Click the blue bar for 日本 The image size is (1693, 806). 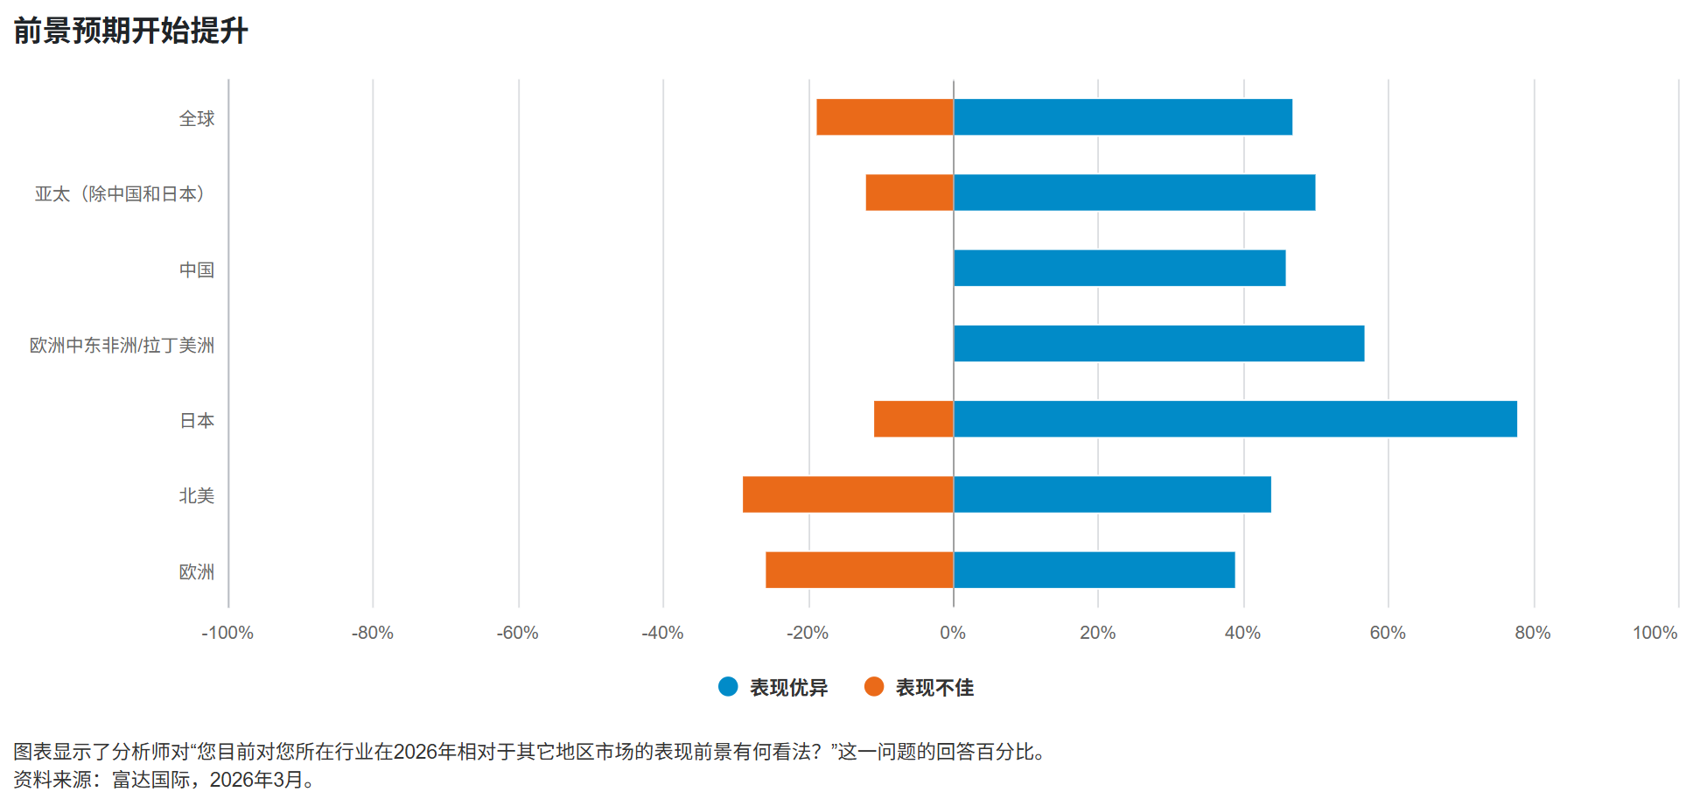click(1235, 419)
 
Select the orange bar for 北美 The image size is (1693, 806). click(848, 494)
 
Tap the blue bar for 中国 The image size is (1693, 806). click(1119, 268)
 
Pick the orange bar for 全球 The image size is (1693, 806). click(885, 117)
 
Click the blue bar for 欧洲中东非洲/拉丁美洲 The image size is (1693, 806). click(1158, 343)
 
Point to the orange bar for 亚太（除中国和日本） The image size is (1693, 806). click(909, 193)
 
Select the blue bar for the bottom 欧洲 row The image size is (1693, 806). click(1094, 570)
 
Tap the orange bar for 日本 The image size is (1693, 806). click(913, 419)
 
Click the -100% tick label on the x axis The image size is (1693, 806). click(227, 633)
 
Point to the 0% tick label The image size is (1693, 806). click(953, 633)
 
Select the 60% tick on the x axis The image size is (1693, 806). click(1388, 633)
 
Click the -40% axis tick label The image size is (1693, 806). click(662, 633)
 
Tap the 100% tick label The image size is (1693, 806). click(1655, 633)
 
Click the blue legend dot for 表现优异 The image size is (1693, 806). click(728, 687)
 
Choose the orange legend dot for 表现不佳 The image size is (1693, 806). click(873, 687)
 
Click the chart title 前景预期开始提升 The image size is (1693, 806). click(131, 31)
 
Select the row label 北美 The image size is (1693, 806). click(197, 496)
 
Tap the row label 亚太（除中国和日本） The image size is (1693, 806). click(121, 193)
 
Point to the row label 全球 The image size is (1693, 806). click(197, 118)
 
